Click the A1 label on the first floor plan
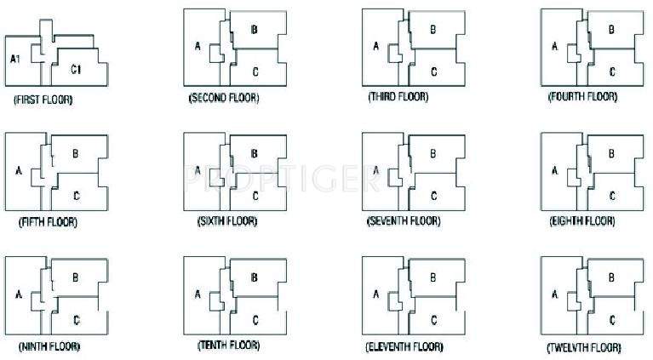tap(15, 59)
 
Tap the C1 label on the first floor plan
tap(76, 68)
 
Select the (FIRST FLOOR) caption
tap(43, 100)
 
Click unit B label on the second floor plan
tap(255, 30)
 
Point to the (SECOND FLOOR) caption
tap(224, 99)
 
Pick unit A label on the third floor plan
tap(375, 48)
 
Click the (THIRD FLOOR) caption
tap(398, 97)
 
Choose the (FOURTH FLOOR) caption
tap(582, 98)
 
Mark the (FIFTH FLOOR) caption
tap(48, 223)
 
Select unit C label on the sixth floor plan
tap(255, 196)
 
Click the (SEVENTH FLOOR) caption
tap(404, 221)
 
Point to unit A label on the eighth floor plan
tap(555, 171)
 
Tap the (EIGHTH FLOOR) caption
tap(582, 221)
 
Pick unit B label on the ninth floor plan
tap(76, 277)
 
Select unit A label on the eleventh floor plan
tap(375, 294)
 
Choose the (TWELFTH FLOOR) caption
tap(584, 349)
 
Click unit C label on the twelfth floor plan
tap(612, 320)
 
